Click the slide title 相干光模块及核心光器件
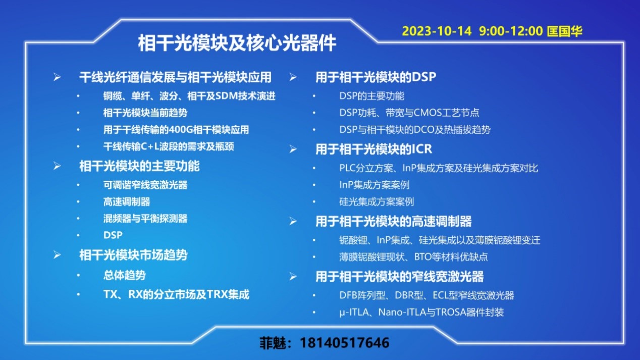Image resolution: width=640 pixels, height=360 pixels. [237, 43]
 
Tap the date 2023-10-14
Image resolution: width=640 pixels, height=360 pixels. [437, 31]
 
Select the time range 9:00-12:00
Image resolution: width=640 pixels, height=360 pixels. [511, 31]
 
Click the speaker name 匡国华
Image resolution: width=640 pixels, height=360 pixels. [564, 31]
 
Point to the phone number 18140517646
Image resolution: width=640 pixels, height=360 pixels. [344, 342]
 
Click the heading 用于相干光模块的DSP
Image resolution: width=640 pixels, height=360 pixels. [376, 77]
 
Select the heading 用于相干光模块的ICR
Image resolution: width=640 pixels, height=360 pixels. [374, 149]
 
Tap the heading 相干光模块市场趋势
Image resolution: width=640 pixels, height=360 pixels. [133, 255]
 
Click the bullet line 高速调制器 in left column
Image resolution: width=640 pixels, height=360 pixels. [127, 202]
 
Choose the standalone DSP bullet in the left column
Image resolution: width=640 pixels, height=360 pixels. [113, 235]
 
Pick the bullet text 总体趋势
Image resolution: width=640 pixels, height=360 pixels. [125, 275]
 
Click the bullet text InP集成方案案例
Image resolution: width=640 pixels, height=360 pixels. [375, 185]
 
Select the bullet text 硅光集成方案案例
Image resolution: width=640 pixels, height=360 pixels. [377, 202]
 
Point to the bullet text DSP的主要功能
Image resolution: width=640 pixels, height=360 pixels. [371, 96]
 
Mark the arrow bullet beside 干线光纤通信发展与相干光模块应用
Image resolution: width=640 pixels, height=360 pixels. [57, 77]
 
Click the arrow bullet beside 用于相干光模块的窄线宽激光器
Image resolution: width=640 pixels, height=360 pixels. [293, 277]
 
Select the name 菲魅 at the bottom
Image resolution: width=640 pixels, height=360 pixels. [273, 343]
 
